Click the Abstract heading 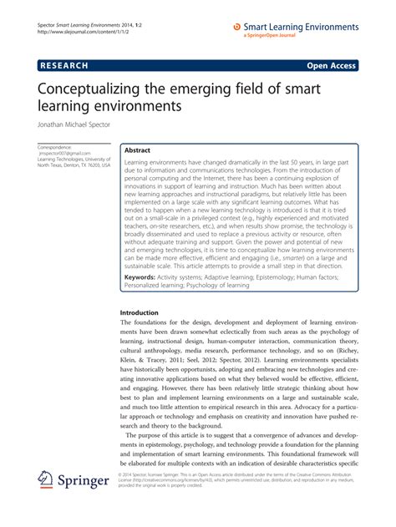(138, 151)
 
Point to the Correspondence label (56, 147)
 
